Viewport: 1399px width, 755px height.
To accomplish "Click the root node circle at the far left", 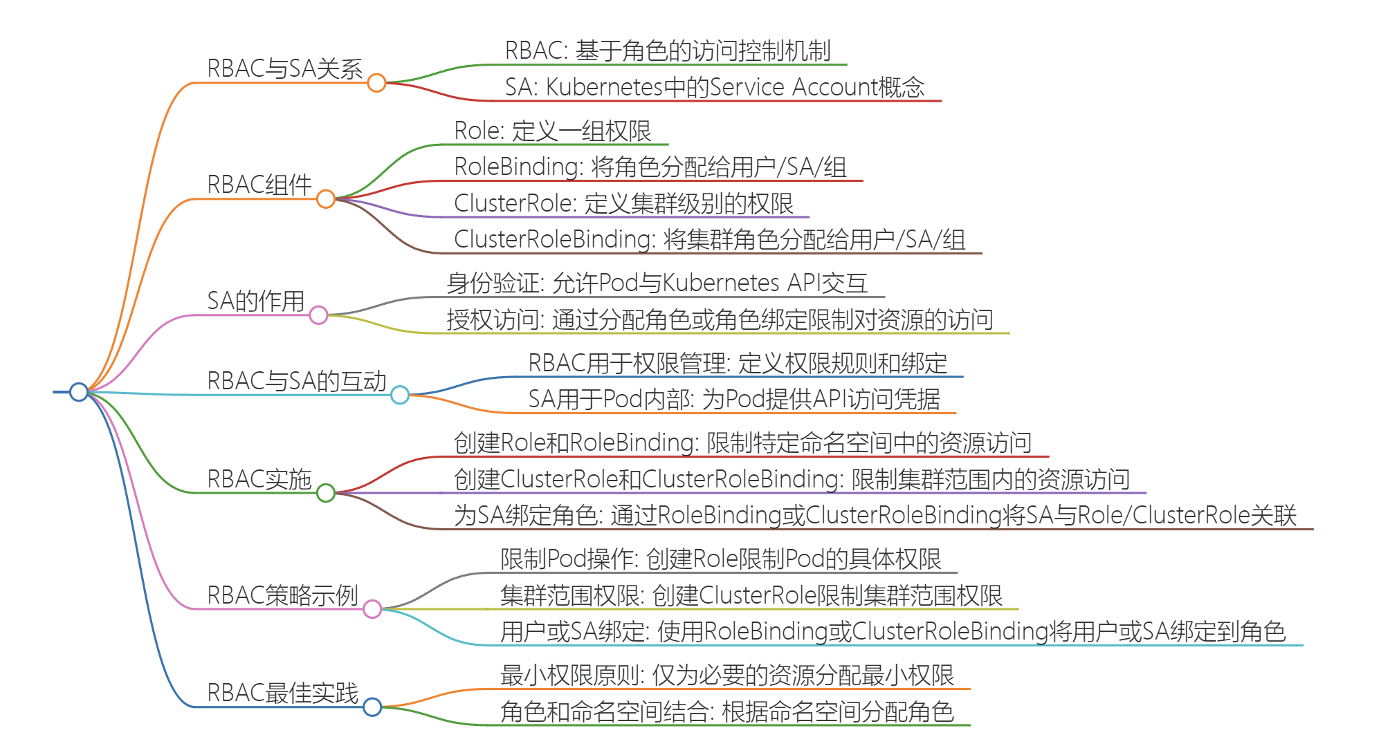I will point(79,392).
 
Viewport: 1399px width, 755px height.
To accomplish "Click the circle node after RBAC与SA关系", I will point(376,83).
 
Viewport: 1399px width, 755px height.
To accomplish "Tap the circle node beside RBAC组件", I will point(326,199).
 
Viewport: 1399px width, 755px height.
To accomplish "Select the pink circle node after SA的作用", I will point(318,315).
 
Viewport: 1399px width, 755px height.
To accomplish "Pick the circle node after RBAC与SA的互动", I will point(400,395).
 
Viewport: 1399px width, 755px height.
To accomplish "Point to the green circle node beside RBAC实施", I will point(326,493).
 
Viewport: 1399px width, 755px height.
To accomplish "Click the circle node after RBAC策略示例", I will point(372,609).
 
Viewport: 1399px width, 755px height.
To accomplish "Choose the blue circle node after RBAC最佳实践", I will point(372,707).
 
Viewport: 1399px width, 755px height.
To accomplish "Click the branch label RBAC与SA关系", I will point(284,68).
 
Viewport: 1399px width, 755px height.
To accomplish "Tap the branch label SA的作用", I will point(256,301).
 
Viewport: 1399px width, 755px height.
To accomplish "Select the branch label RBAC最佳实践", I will point(282,692).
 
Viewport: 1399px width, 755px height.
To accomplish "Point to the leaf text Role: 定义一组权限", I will point(552,131).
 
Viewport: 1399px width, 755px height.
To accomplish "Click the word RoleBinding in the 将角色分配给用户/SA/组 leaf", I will point(516,167).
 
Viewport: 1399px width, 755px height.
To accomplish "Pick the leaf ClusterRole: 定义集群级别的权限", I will point(623,203).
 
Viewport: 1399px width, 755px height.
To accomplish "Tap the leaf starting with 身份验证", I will point(656,283).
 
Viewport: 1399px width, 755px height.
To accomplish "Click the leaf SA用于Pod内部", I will point(733,399).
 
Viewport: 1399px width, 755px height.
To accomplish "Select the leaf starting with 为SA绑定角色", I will point(875,515).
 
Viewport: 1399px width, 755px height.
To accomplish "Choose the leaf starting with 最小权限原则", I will point(726,675).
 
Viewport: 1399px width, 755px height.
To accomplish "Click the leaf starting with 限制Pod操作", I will point(720,559).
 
